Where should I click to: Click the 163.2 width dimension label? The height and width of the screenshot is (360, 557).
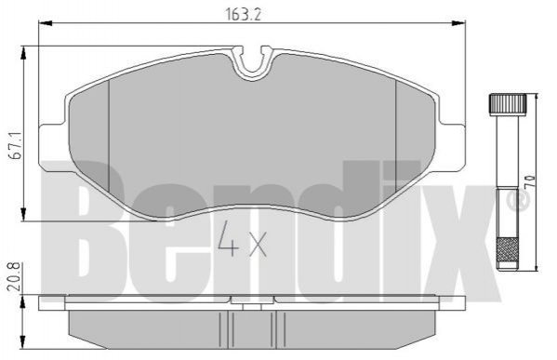(x=243, y=14)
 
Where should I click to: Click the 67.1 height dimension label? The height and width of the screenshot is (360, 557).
(x=17, y=145)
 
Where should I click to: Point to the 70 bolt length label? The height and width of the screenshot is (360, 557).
(x=529, y=181)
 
